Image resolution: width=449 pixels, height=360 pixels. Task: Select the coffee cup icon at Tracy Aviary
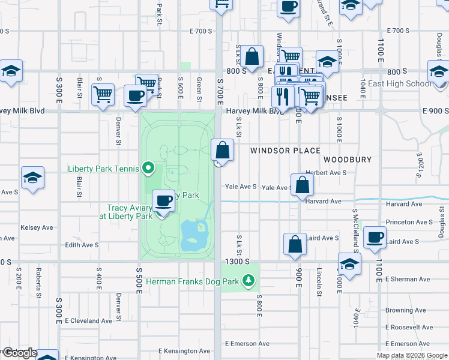pyautogui.click(x=163, y=200)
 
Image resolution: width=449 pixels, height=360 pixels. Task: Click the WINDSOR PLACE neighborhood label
pyautogui.click(x=285, y=151)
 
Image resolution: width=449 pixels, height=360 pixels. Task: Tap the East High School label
pyautogui.click(x=400, y=83)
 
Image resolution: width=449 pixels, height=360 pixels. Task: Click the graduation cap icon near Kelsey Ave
pyautogui.click(x=32, y=177)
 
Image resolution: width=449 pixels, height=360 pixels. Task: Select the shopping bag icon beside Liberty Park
pyautogui.click(x=223, y=150)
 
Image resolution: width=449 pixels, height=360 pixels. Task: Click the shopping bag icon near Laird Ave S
pyautogui.click(x=295, y=244)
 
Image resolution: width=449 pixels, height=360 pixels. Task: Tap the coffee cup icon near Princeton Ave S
pyautogui.click(x=375, y=237)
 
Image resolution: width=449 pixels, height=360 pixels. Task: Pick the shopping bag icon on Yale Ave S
pyautogui.click(x=303, y=184)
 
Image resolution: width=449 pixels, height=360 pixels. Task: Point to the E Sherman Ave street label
pyautogui.click(x=408, y=279)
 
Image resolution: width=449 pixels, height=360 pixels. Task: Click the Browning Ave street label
pyautogui.click(x=406, y=310)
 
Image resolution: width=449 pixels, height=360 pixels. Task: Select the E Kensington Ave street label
pyautogui.click(x=184, y=351)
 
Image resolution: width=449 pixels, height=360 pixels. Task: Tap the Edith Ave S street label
pyautogui.click(x=82, y=245)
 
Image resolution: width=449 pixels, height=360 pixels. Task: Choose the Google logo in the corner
pyautogui.click(x=20, y=353)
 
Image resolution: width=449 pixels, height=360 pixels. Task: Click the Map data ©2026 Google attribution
pyautogui.click(x=411, y=355)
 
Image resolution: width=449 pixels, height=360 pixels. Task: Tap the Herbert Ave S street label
pyautogui.click(x=326, y=172)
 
